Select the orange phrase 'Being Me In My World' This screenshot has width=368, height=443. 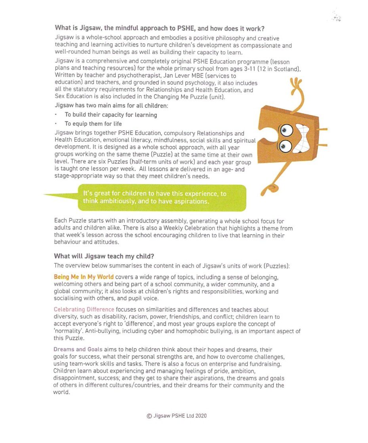(83, 277)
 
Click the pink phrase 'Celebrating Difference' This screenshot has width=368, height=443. (84, 309)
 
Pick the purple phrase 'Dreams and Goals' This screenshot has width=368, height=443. (78, 349)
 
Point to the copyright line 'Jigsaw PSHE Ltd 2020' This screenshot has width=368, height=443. (176, 416)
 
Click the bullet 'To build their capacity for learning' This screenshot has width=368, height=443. (111, 115)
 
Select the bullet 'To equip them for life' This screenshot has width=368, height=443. (93, 124)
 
